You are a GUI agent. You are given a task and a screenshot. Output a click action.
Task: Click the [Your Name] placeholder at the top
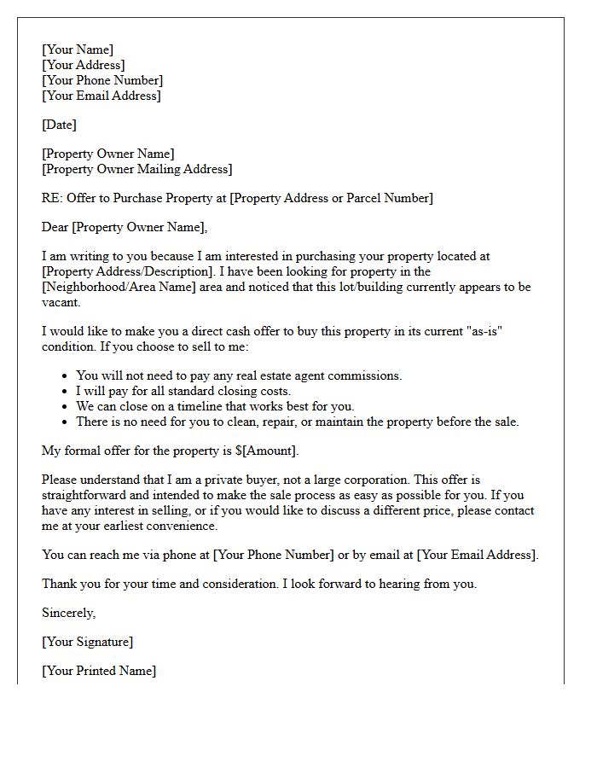click(x=78, y=49)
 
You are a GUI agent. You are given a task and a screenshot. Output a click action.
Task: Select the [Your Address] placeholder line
click(x=84, y=65)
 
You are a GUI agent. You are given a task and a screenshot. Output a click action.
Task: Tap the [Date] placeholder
click(x=59, y=125)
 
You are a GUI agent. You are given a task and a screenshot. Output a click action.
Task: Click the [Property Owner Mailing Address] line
click(x=136, y=169)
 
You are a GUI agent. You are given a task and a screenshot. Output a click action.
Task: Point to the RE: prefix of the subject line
click(x=53, y=198)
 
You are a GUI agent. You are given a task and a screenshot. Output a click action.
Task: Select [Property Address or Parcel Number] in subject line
click(x=332, y=198)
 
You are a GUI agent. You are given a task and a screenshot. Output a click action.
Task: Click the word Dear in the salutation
click(x=55, y=227)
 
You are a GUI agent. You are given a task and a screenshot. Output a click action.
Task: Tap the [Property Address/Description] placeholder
click(x=122, y=271)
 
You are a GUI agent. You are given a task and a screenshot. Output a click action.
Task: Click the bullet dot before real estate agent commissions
click(x=66, y=376)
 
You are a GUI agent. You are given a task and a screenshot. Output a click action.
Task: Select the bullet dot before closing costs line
click(x=66, y=392)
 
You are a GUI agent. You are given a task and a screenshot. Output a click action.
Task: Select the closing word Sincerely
click(x=68, y=613)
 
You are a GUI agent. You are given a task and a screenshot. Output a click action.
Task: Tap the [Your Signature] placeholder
click(x=88, y=642)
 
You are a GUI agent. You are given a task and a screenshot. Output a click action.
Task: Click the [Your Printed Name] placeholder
click(x=99, y=671)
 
